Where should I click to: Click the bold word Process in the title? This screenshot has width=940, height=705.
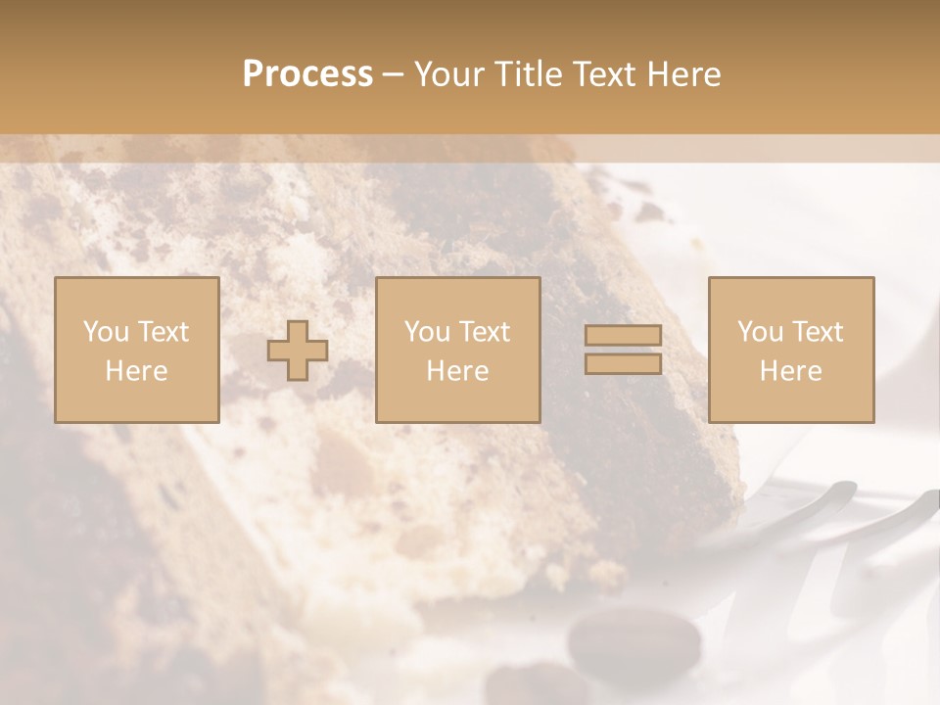point(307,74)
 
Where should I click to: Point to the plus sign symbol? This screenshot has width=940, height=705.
point(298,351)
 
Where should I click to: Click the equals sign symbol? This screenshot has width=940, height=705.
point(623,350)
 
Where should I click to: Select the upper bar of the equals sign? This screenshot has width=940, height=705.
point(623,336)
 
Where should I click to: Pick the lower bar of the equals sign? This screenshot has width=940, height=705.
point(623,363)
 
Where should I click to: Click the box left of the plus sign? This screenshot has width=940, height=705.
point(136,350)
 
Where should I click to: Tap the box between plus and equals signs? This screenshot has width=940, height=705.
point(457,350)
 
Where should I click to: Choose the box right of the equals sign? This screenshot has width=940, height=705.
point(790,350)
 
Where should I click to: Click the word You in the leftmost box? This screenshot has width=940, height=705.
point(106,332)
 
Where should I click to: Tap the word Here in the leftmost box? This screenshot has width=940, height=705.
point(136,370)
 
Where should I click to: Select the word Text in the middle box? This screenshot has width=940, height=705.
point(485,332)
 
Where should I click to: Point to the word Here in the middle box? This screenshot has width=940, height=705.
point(457,370)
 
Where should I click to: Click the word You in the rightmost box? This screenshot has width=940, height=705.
point(761,332)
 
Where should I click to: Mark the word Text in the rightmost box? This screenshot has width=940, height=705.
point(818,332)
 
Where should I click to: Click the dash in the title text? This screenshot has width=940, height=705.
point(394,75)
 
